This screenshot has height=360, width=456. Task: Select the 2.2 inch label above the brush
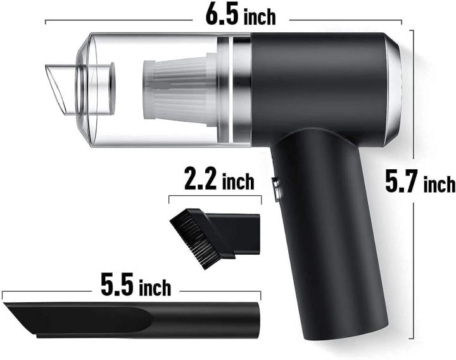tap(218, 181)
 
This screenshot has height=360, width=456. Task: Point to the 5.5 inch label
tap(134, 286)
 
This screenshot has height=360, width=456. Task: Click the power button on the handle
tap(277, 190)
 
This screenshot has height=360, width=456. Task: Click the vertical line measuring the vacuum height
tap(414, 254)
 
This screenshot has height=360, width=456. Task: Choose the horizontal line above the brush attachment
tap(215, 198)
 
